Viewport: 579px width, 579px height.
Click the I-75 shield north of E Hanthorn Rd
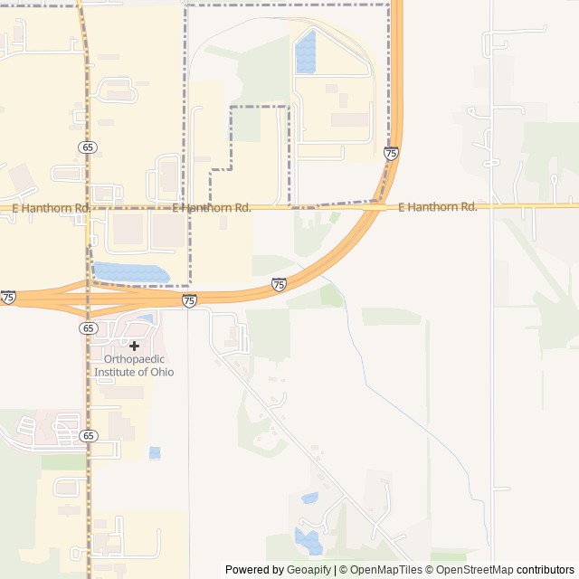(391, 154)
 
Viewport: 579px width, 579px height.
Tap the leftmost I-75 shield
(8, 297)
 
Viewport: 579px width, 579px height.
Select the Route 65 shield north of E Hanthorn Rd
(88, 147)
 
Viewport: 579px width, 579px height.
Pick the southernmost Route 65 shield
(88, 435)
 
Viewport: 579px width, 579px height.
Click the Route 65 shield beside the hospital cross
(88, 327)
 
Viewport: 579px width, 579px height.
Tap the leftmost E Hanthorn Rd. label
(51, 208)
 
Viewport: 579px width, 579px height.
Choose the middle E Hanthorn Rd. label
(211, 208)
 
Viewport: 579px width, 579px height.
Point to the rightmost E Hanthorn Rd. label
(437, 207)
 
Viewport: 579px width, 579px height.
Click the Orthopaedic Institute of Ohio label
(134, 365)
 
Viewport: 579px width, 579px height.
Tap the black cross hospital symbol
(134, 346)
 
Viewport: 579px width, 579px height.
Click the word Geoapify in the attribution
(309, 570)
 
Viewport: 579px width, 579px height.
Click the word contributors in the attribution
(546, 570)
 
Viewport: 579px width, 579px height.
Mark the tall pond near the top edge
(306, 52)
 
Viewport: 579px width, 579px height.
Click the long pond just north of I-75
(130, 272)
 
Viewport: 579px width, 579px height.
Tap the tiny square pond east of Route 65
(155, 452)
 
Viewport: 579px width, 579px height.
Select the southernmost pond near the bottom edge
(308, 541)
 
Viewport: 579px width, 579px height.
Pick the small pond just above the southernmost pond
(309, 498)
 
